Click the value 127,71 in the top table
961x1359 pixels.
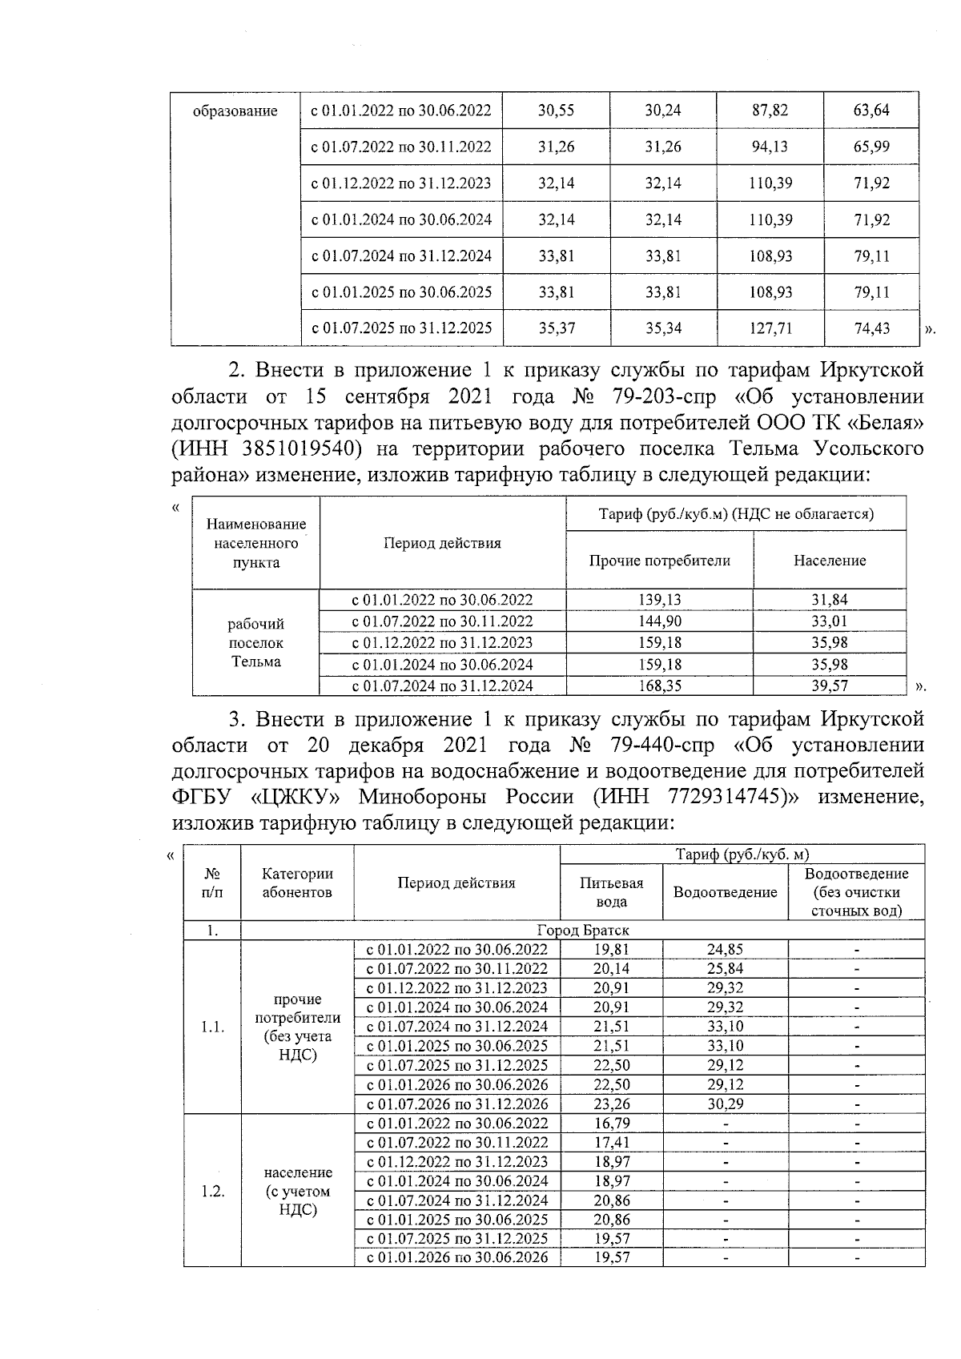click(x=770, y=328)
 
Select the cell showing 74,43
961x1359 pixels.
click(x=871, y=328)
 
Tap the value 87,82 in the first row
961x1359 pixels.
click(x=770, y=111)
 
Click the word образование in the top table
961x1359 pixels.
click(x=235, y=111)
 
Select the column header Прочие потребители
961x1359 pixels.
click(x=659, y=561)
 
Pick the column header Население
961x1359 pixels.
click(x=830, y=561)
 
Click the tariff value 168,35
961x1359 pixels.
click(x=659, y=686)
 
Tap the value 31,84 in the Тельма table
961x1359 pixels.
click(x=830, y=600)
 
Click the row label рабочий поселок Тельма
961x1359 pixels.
click(x=255, y=642)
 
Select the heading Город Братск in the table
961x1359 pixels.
click(x=582, y=930)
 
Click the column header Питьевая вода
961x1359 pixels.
click(x=612, y=891)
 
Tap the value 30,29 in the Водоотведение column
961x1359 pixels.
click(x=725, y=1104)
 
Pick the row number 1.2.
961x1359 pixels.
click(x=212, y=1191)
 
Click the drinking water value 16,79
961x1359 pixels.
click(x=612, y=1123)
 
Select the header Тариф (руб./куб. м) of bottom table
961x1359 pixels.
click(x=742, y=854)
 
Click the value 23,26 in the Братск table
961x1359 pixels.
click(x=612, y=1104)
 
